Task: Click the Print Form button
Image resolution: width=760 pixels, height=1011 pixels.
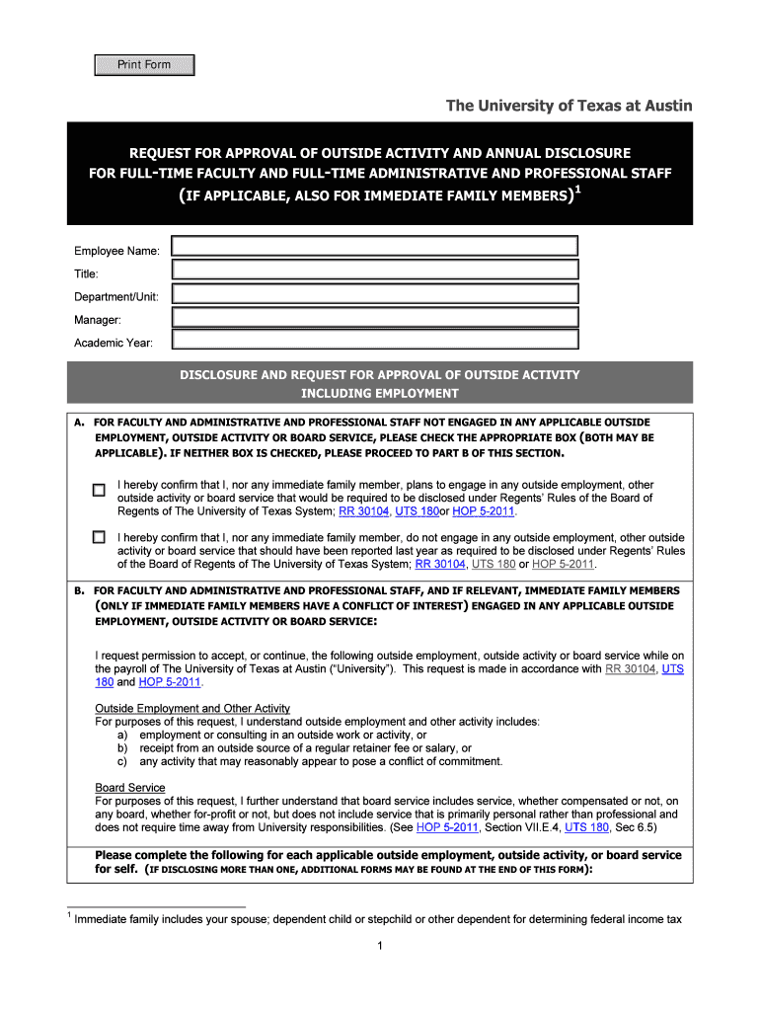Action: tap(144, 65)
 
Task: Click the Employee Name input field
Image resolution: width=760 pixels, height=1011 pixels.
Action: tap(374, 247)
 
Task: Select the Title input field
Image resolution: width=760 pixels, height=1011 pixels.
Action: tap(374, 270)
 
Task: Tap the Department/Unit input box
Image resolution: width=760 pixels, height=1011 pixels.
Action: tap(374, 293)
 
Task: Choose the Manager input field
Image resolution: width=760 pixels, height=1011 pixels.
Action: tap(374, 317)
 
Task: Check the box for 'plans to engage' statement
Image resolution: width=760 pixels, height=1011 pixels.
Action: tap(99, 490)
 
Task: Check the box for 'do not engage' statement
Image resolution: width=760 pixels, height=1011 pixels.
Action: tap(99, 537)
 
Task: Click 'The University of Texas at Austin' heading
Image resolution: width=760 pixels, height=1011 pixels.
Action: tap(570, 106)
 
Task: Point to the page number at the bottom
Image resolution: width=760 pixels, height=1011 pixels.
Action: tap(380, 948)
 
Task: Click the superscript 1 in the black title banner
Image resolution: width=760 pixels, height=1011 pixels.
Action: tap(577, 191)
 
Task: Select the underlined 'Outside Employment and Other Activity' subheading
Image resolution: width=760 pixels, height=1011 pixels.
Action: tap(192, 708)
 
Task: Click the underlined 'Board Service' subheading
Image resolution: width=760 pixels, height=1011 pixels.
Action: tap(130, 787)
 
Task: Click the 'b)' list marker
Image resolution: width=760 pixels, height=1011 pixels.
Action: tap(122, 748)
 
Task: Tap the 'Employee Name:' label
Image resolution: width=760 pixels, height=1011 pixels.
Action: tap(117, 251)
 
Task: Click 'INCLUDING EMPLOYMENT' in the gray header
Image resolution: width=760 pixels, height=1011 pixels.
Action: tap(379, 393)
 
